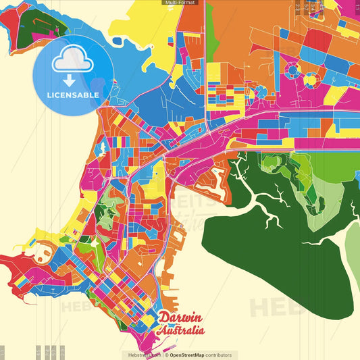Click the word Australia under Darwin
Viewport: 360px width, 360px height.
tap(180, 330)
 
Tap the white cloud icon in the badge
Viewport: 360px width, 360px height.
tap(73, 59)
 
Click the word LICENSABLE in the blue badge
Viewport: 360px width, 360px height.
tap(73, 95)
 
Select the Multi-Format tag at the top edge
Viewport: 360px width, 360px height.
tap(180, 3)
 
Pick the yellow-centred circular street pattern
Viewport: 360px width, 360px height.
tap(311, 79)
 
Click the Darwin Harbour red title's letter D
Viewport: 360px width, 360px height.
tap(164, 317)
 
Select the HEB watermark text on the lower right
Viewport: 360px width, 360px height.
tap(270, 307)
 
